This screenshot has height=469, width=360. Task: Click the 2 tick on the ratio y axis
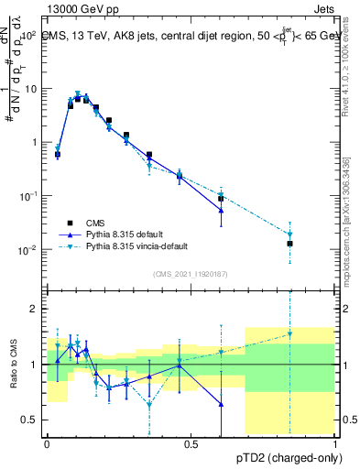tap(34, 309)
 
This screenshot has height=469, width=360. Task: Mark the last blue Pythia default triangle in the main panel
tap(221, 211)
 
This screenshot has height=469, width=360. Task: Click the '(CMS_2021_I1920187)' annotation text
tap(191, 273)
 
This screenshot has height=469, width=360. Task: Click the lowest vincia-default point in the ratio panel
tap(149, 404)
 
